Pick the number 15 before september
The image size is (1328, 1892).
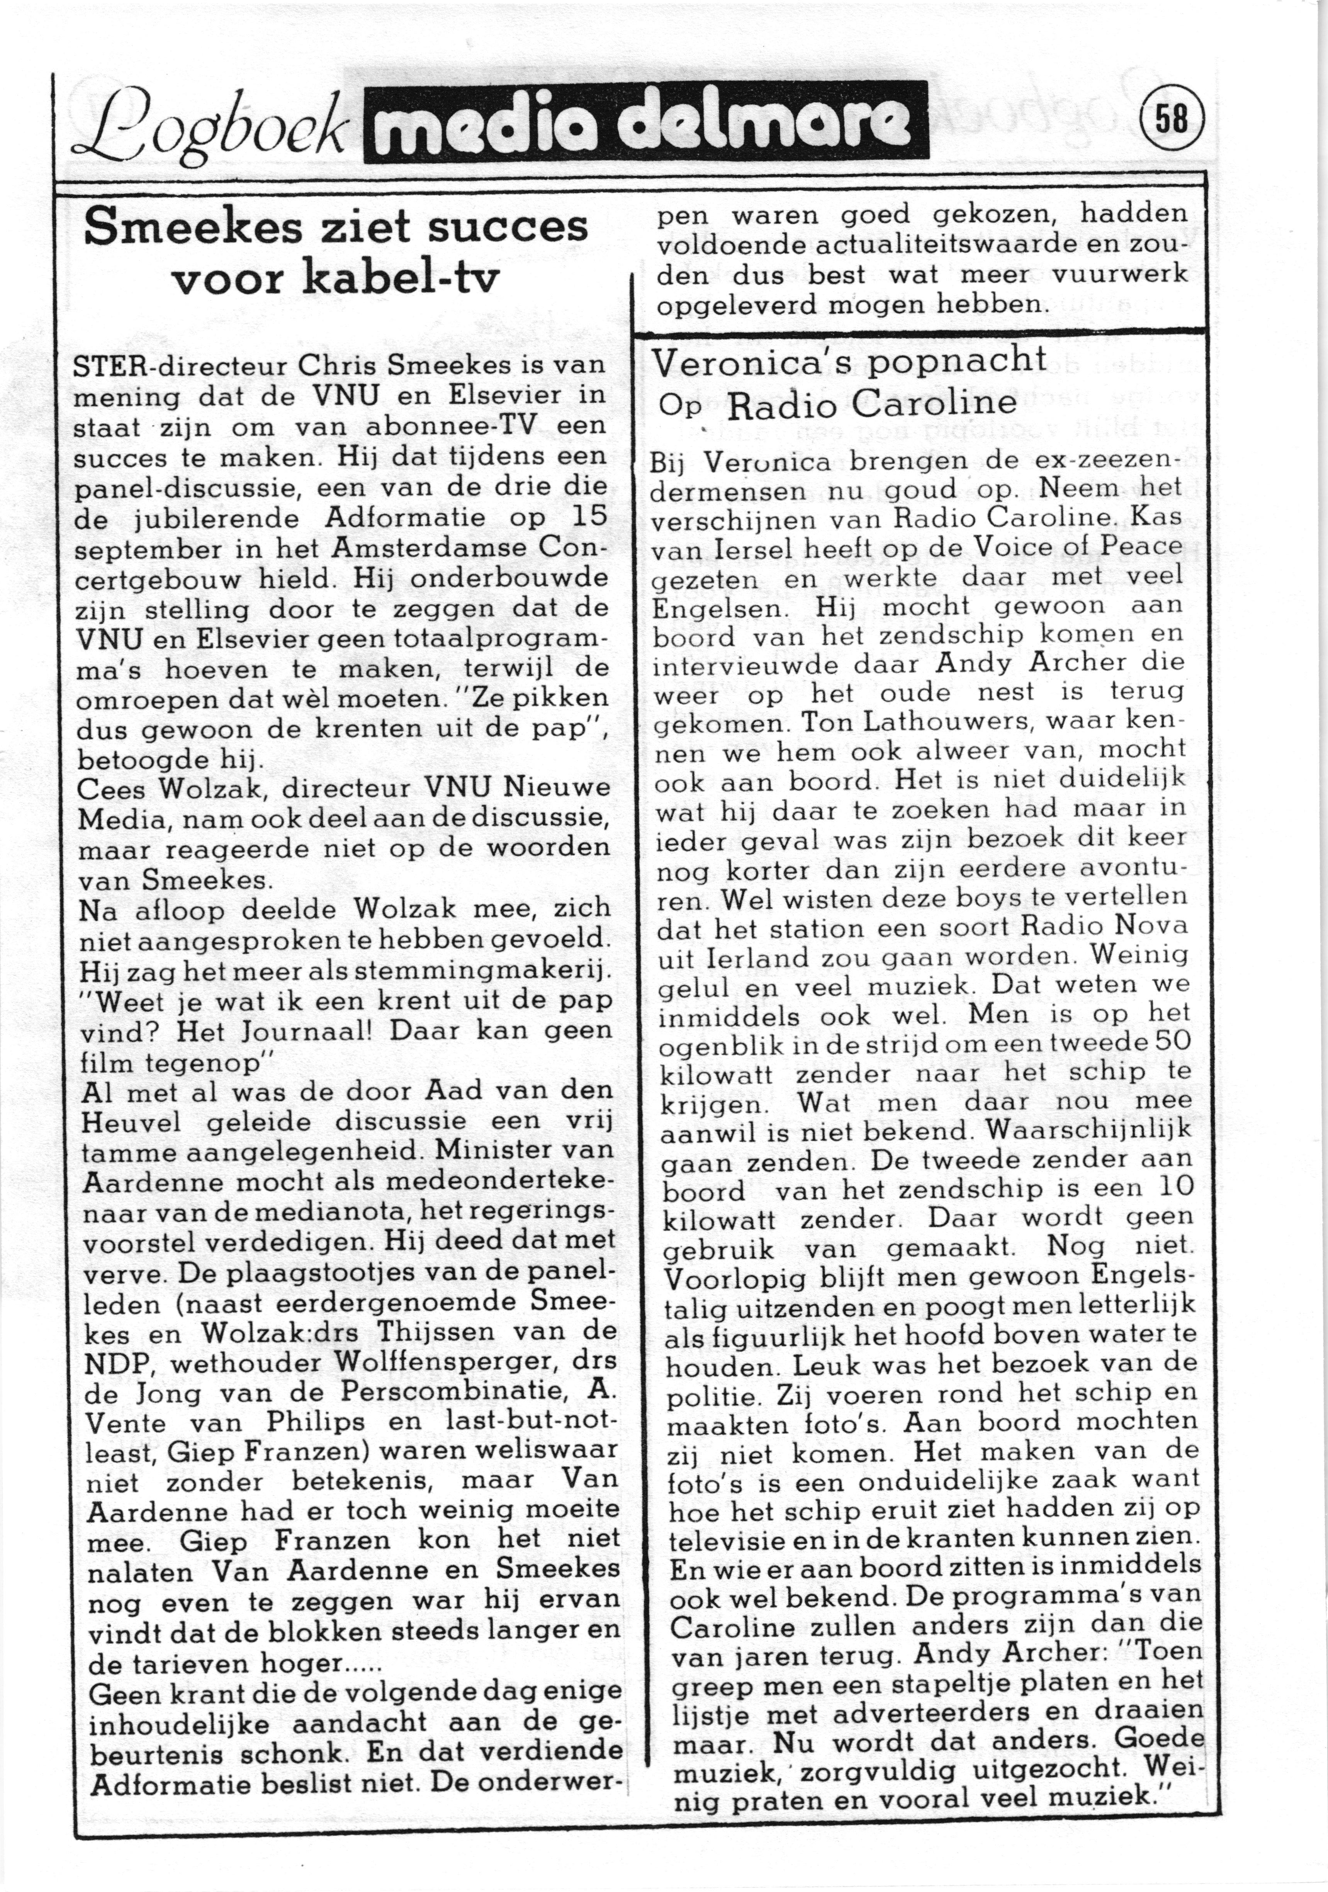[588, 517]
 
